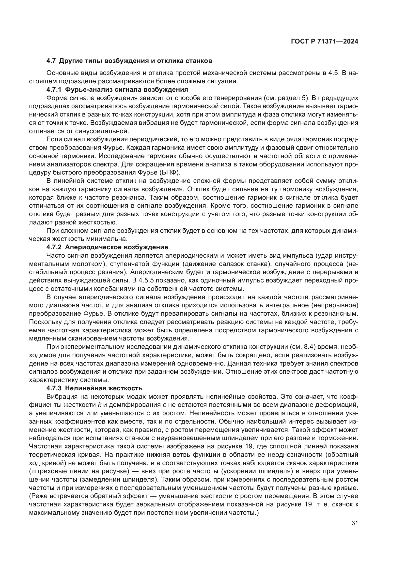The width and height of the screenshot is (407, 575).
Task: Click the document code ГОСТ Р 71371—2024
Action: click(x=325, y=42)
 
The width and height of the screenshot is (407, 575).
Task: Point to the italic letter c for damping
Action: click(x=165, y=405)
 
